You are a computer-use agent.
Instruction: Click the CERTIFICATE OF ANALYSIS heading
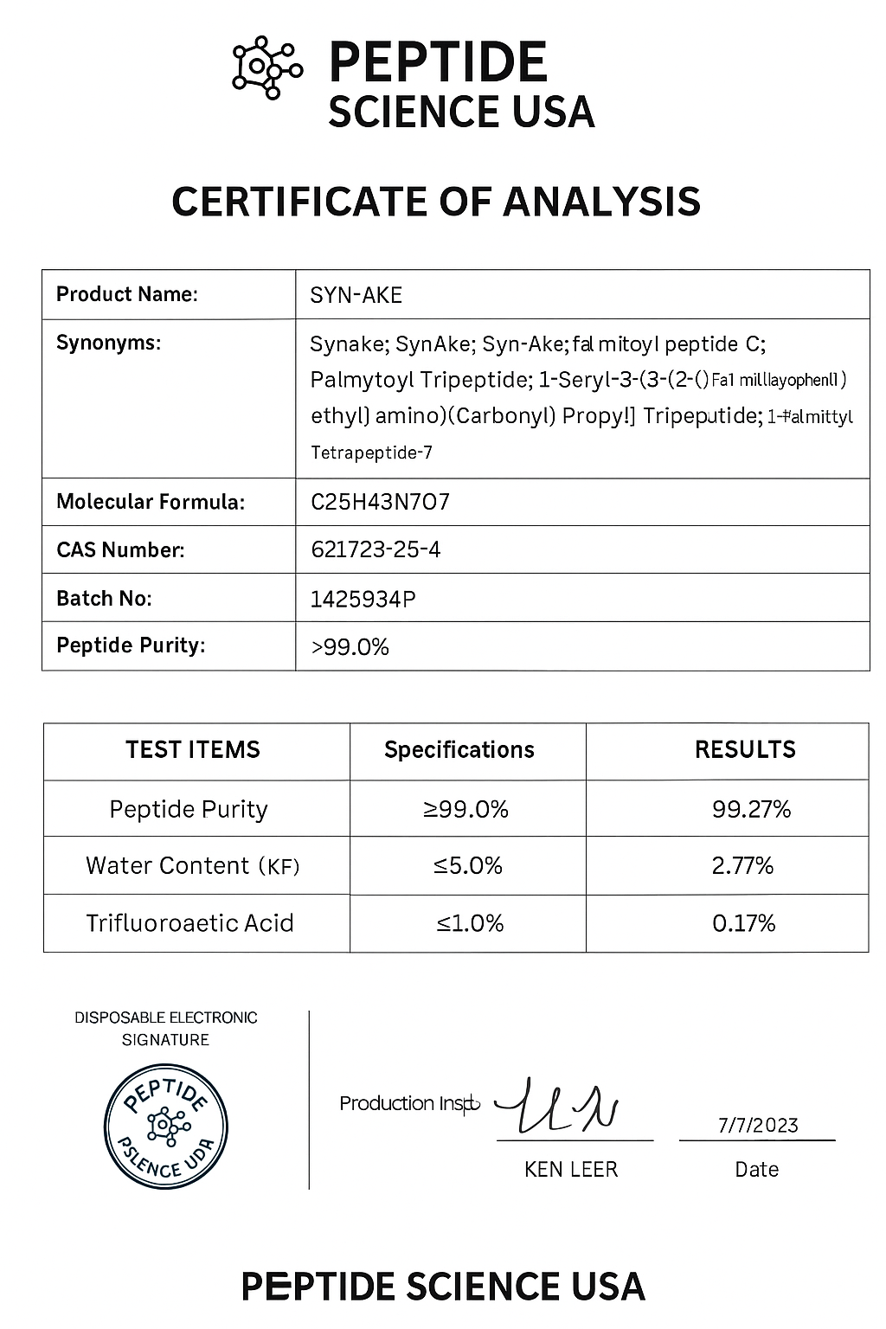click(x=435, y=201)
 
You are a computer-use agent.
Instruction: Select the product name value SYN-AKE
click(x=356, y=295)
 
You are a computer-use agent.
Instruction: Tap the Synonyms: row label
click(x=108, y=343)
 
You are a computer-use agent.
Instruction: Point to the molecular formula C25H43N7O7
click(x=380, y=502)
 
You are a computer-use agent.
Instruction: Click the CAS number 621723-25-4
click(x=376, y=549)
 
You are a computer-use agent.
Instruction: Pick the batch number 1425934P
click(x=363, y=598)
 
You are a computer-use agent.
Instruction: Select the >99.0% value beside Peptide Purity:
click(x=350, y=646)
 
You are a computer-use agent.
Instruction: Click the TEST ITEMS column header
click(x=193, y=749)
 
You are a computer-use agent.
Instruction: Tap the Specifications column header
click(x=459, y=749)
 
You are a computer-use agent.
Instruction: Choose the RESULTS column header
click(x=745, y=749)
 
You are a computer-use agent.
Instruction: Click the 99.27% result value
click(x=751, y=809)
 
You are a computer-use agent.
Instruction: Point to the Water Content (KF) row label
click(x=192, y=865)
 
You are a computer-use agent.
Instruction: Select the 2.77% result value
click(x=742, y=865)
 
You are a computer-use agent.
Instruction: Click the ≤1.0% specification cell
click(x=470, y=923)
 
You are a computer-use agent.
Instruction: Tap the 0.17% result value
click(x=743, y=923)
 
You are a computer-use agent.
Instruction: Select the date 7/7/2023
click(x=758, y=1125)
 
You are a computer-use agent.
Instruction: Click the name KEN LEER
click(x=571, y=1170)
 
